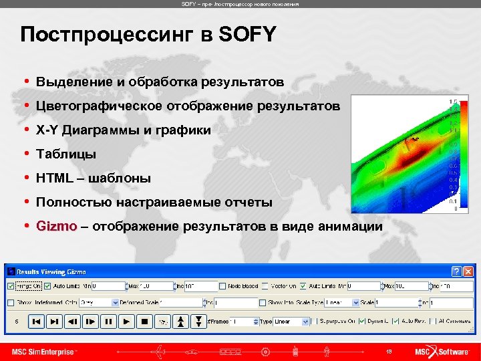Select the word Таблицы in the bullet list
pos(66,154)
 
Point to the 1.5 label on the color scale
pos(454,102)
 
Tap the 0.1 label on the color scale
pos(454,201)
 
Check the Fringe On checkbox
pos(10,286)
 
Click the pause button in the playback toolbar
pos(108,322)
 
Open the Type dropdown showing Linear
pos(306,322)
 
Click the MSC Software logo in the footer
pos(442,351)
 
